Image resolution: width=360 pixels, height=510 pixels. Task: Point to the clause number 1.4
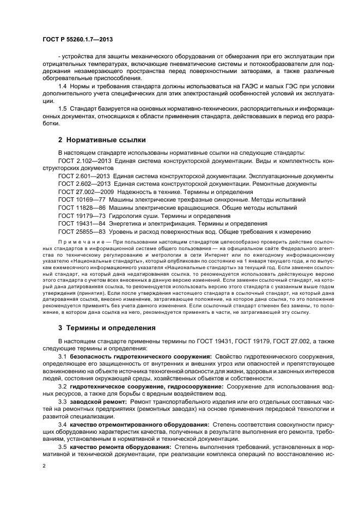[x=63, y=87]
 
